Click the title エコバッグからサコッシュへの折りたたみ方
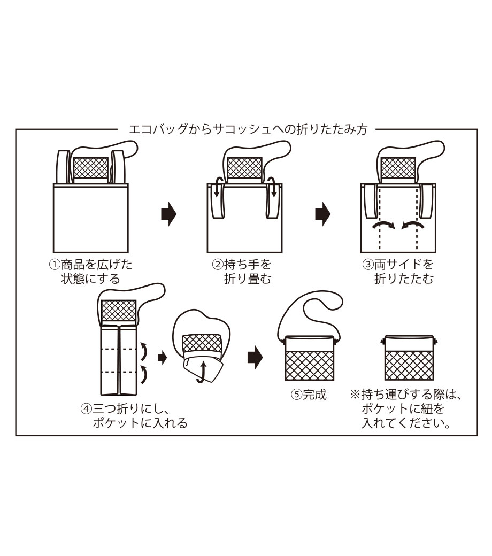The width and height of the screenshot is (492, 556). pos(249,129)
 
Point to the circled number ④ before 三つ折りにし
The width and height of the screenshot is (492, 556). pos(86,409)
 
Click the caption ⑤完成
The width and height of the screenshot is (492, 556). pos(308,395)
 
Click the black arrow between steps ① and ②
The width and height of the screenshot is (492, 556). pos(168,214)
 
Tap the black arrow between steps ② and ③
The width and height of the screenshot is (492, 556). pos(322,214)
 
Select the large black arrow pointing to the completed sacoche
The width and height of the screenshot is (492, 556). pos(255,356)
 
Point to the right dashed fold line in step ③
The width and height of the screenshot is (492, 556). pos(417,219)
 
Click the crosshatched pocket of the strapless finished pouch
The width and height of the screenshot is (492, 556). pos(409,364)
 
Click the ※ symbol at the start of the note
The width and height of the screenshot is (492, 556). pos(355,395)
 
